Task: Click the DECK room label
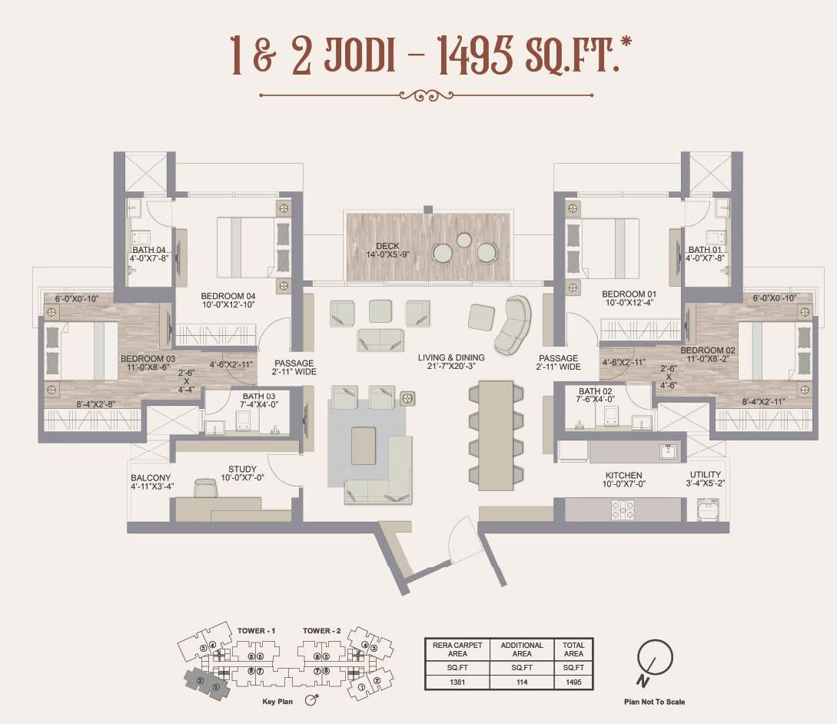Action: pyautogui.click(x=387, y=246)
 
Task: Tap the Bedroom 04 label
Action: pyautogui.click(x=228, y=296)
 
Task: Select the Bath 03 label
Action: pyautogui.click(x=259, y=396)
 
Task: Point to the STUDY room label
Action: pyautogui.click(x=242, y=469)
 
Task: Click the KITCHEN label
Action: pyautogui.click(x=623, y=475)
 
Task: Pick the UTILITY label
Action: pyautogui.click(x=705, y=474)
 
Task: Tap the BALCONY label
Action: pyautogui.click(x=151, y=478)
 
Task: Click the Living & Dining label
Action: pyautogui.click(x=451, y=357)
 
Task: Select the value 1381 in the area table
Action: pyautogui.click(x=457, y=682)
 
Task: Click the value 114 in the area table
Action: pyautogui.click(x=522, y=682)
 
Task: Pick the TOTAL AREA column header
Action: pyautogui.click(x=573, y=649)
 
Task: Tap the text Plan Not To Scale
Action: pyautogui.click(x=654, y=702)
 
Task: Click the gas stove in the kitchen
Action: pyautogui.click(x=622, y=510)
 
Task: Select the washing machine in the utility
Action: pyautogui.click(x=708, y=510)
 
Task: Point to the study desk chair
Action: pyautogui.click(x=204, y=487)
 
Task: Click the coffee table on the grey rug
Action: pyautogui.click(x=363, y=446)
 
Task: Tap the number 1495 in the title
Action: pyautogui.click(x=475, y=55)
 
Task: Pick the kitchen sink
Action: pyautogui.click(x=669, y=452)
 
